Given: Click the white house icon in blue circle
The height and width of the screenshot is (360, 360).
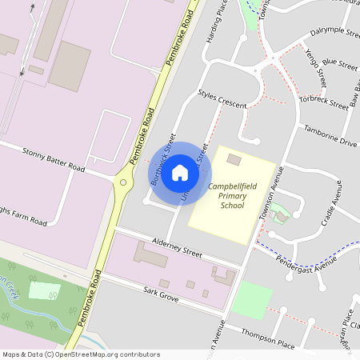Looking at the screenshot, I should point(180,173).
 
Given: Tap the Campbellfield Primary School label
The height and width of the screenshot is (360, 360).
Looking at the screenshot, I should point(233,195).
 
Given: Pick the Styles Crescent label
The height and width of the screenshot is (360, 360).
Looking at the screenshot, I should point(222,98).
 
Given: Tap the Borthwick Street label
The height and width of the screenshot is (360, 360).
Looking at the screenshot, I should point(162,160).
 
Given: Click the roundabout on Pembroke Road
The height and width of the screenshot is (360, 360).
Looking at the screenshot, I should point(123,183).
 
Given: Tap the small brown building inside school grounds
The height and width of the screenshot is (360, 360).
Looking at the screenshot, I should point(234,160).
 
